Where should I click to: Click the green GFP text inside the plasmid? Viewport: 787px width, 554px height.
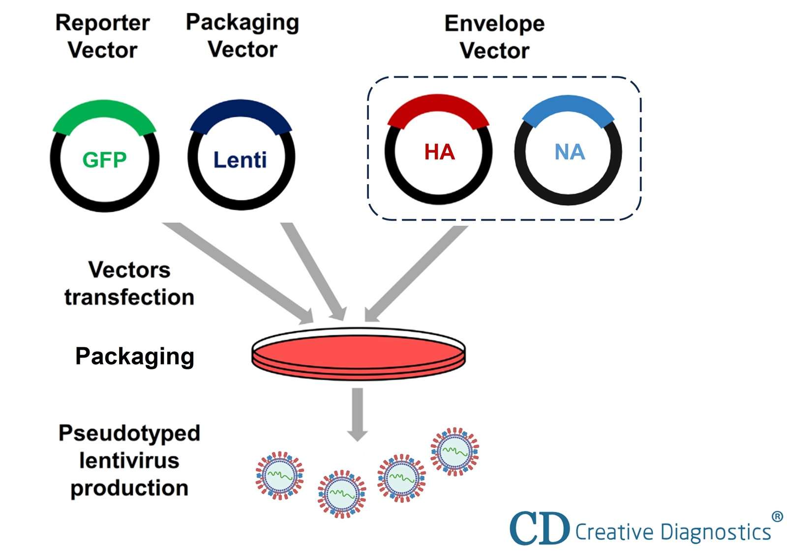[x=104, y=160]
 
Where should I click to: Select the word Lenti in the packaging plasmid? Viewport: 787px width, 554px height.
[x=240, y=160]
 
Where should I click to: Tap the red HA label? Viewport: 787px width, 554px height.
[x=439, y=152]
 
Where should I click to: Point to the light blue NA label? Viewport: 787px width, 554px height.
[x=570, y=152]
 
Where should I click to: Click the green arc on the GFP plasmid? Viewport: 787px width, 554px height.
[x=104, y=112]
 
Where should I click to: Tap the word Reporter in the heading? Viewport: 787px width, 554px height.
[x=102, y=23]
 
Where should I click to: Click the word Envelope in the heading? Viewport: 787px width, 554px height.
[x=494, y=23]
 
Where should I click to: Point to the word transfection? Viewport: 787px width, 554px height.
[x=129, y=297]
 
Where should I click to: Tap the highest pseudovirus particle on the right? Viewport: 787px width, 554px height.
[x=454, y=451]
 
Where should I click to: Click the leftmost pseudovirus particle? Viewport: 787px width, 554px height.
[x=279, y=475]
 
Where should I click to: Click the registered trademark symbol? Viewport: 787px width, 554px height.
[x=777, y=517]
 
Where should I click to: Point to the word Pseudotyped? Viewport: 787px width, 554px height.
[x=129, y=433]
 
